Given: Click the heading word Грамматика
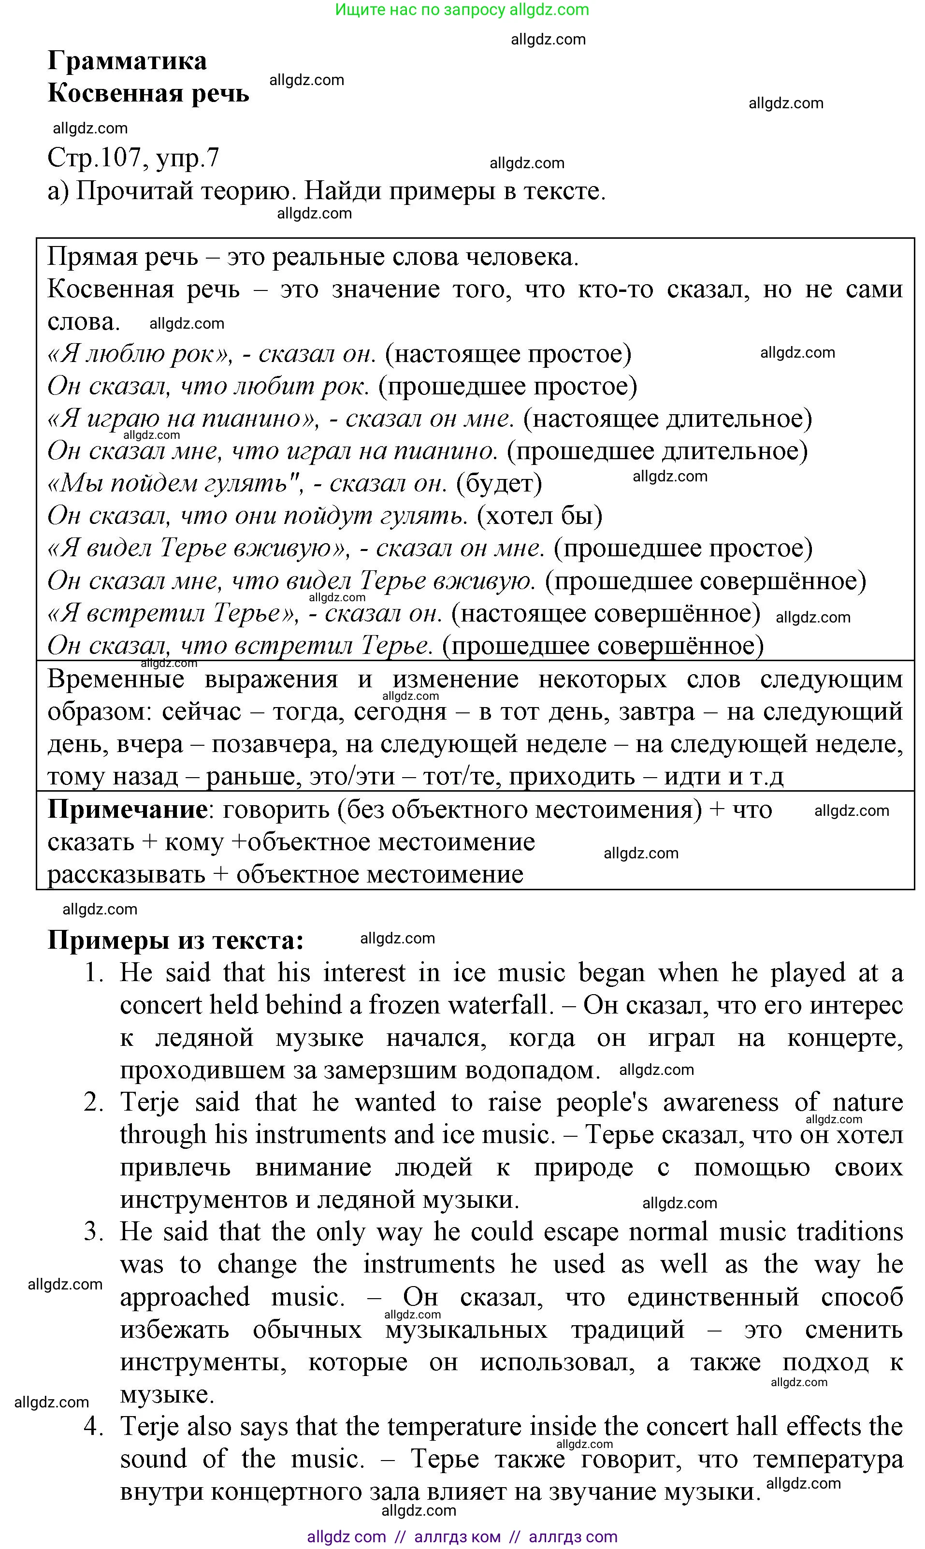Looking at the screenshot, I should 127,61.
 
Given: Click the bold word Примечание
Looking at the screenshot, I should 127,810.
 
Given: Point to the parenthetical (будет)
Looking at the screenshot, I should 499,483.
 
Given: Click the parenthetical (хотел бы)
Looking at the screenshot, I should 540,516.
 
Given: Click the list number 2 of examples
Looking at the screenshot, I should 93,1102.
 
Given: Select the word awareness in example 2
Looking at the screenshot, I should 720,1102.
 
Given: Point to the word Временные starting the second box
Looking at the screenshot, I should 116,680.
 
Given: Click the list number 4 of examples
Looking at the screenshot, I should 93,1426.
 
